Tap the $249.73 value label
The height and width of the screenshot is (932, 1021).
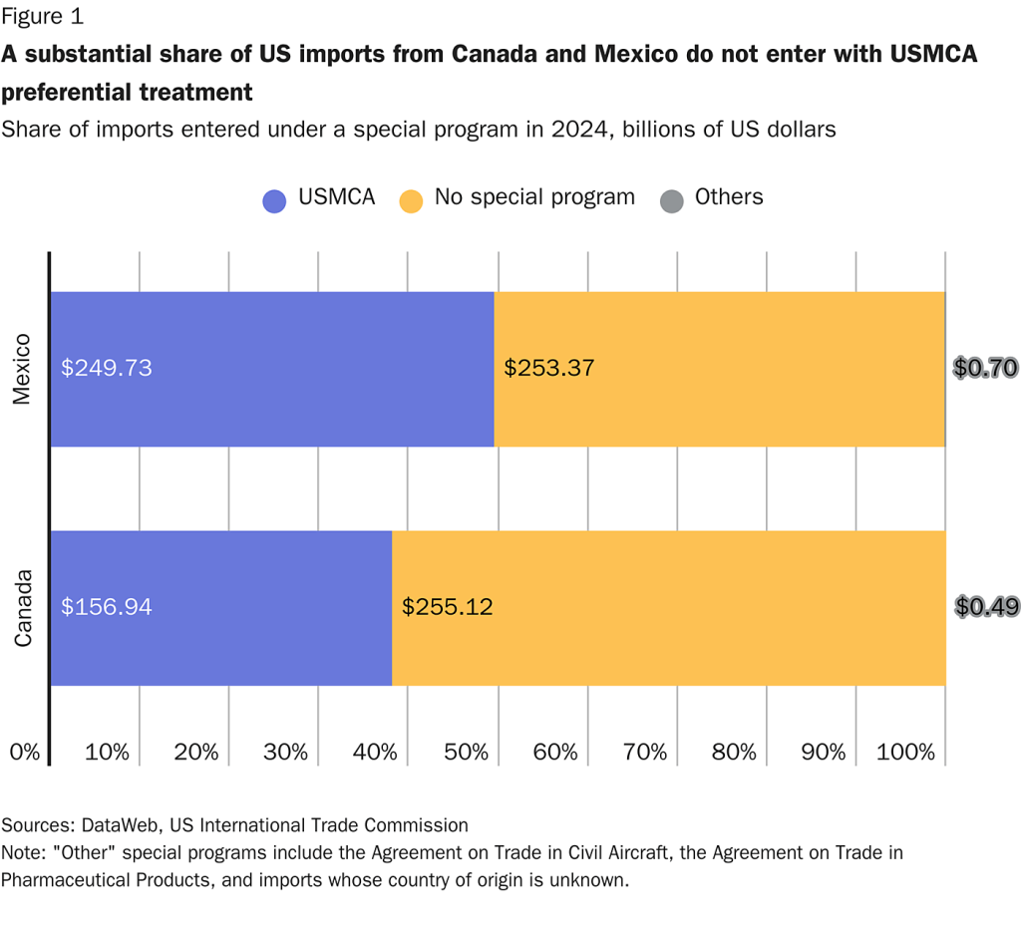click(x=107, y=368)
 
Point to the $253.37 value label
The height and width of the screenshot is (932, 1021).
click(x=549, y=368)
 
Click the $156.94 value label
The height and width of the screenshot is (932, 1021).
click(x=107, y=606)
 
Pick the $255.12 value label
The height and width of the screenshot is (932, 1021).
click(x=447, y=606)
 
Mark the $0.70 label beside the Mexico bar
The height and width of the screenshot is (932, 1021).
click(x=985, y=368)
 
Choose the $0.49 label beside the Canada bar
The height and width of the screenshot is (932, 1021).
click(x=985, y=606)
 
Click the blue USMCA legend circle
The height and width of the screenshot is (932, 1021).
click(x=275, y=199)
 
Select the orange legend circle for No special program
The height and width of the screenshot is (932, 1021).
click(x=411, y=199)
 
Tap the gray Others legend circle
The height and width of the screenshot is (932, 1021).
click(x=672, y=199)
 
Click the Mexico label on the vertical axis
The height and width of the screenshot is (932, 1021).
click(x=23, y=369)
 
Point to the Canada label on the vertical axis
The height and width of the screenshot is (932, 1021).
click(x=23, y=608)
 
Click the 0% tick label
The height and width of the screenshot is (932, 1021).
click(x=24, y=753)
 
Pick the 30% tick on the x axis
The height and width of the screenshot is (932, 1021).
click(x=287, y=753)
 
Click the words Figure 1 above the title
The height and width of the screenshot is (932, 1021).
click(x=43, y=16)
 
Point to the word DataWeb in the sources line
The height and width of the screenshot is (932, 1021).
click(x=117, y=824)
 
